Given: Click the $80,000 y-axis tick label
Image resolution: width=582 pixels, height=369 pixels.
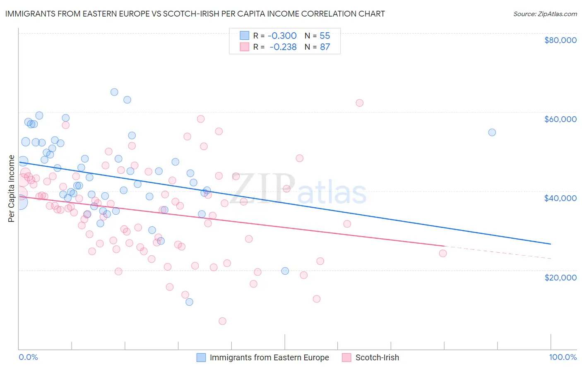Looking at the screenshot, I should [x=560, y=40].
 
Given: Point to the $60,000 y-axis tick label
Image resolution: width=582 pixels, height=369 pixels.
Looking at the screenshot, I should [x=560, y=119].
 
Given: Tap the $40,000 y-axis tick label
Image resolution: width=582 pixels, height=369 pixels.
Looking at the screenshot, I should [x=560, y=198].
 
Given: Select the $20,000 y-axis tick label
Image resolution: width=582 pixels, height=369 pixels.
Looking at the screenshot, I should [x=560, y=277].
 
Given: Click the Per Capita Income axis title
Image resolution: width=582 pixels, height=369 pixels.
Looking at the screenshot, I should [x=12, y=189].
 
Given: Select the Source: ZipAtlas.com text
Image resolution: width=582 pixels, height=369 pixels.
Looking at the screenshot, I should [x=545, y=14].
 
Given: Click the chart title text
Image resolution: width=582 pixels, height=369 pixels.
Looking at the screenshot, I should [x=195, y=14].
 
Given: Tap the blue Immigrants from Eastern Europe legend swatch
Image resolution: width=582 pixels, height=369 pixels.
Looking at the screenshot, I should [x=201, y=357].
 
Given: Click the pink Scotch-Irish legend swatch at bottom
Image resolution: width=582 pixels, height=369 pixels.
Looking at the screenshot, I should [x=346, y=357].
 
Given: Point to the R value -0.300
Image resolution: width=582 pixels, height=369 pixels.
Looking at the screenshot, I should [x=283, y=36].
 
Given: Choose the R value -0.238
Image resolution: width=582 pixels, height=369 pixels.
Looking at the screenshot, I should [x=283, y=47].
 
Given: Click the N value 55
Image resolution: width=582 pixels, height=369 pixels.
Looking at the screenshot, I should [x=325, y=36].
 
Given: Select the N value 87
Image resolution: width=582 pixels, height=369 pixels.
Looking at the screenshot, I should [x=325, y=47].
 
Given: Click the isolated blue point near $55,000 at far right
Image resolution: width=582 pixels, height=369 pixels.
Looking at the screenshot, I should [x=492, y=132].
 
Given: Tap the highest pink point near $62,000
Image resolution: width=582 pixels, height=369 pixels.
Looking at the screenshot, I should [x=359, y=103].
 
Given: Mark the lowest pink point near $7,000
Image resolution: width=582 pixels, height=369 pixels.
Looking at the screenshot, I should [x=222, y=321].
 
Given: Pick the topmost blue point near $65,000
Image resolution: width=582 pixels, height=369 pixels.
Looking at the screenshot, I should [x=114, y=92].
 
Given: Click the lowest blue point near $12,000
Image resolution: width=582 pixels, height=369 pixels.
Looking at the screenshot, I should [x=189, y=302].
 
